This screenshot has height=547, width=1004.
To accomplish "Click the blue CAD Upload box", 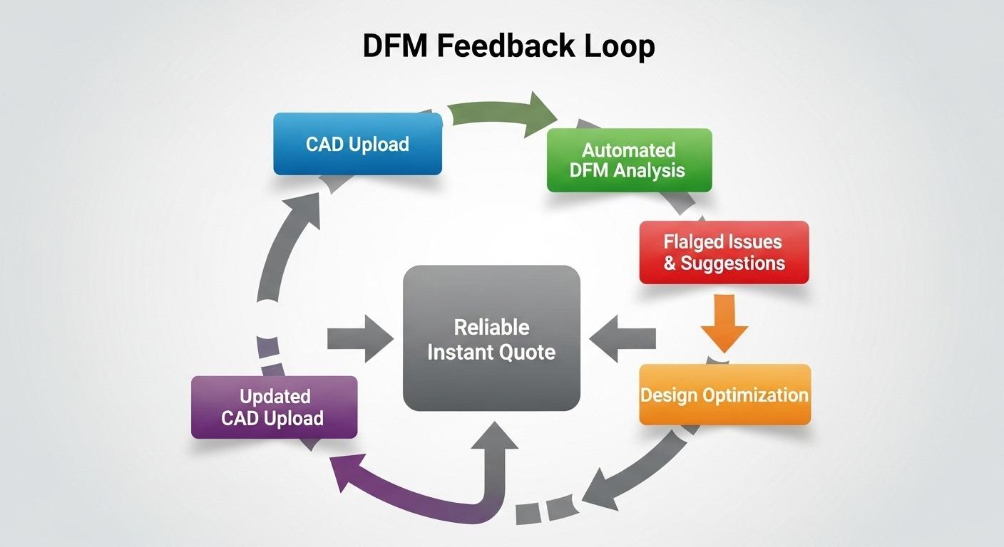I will point(357,144).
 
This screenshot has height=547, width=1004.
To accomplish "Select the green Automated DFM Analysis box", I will point(629,160).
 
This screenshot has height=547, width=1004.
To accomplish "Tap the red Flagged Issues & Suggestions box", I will point(724,252).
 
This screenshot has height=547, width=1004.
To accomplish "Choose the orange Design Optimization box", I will point(724,395).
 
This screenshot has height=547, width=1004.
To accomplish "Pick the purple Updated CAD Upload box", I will point(274,407).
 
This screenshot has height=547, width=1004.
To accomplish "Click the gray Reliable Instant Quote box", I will point(491,338).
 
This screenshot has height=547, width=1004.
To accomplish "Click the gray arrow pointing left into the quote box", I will point(624,339).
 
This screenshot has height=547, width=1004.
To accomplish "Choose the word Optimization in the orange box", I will point(757,395).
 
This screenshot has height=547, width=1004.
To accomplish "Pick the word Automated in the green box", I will point(628,150).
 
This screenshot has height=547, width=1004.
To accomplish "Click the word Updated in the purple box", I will point(275,396).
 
